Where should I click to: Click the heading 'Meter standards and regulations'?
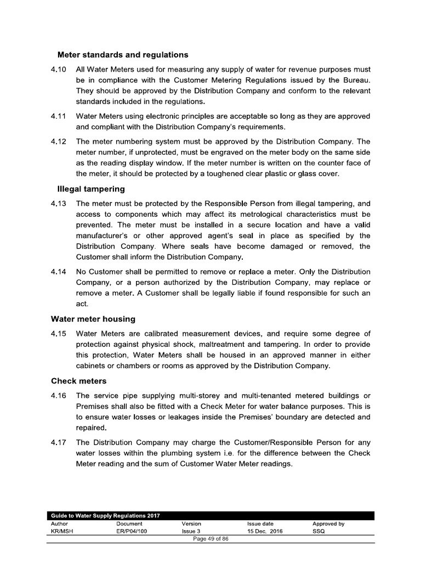pyautogui.click(x=123, y=55)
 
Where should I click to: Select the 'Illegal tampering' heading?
pyautogui.click(x=91, y=189)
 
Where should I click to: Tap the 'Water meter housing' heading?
pyautogui.click(x=93, y=318)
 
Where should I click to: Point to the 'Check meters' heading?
pyautogui.click(x=78, y=380)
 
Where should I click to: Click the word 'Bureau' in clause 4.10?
pyautogui.click(x=355, y=80)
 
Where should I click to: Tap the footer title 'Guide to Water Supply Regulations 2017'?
pyautogui.click(x=101, y=516)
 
